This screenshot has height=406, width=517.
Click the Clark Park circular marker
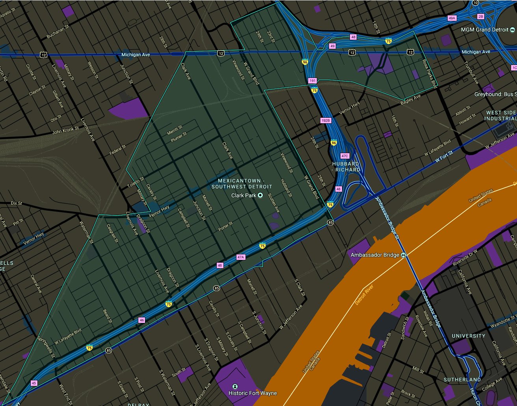point(260,195)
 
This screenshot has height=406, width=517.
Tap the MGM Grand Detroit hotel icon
point(512,30)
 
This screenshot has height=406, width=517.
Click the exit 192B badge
point(325,120)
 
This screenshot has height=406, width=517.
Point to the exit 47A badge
point(241,257)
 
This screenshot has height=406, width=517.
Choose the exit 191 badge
point(312,81)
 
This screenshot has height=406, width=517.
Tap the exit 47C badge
point(345,156)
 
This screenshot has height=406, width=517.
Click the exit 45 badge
point(34,383)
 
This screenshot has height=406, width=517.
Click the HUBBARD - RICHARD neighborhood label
point(346,167)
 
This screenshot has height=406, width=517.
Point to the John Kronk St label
point(65,130)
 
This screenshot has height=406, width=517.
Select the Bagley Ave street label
point(410,100)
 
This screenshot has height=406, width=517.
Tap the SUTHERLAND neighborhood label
point(462,380)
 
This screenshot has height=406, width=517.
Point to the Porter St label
point(225,226)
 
